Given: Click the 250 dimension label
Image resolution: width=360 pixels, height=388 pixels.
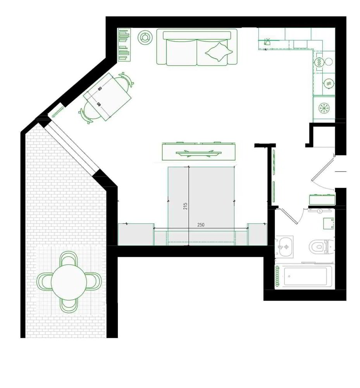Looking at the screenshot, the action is pos(201,225).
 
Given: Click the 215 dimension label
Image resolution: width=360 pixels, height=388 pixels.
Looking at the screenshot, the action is pos(185,206).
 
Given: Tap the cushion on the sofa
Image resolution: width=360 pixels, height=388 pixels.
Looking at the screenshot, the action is pos(219,52).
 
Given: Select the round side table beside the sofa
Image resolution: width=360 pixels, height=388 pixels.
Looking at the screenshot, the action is pos(145,37).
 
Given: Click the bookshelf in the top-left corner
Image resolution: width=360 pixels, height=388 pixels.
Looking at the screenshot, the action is pos(124,45).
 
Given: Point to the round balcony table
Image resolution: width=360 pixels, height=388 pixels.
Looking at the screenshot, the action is pos(69,282).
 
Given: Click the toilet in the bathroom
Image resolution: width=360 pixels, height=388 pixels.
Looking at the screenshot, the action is pos(319,246).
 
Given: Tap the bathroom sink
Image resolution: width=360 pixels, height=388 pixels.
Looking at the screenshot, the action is pos(285,247).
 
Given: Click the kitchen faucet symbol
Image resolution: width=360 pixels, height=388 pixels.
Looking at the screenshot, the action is pos(267,42).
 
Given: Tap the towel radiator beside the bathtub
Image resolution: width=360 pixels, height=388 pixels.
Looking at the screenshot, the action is pos(277,276).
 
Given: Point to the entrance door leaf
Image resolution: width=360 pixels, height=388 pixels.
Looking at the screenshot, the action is pos(323,168).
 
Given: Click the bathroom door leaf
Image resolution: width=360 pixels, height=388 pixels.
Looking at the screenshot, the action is pos(288,216).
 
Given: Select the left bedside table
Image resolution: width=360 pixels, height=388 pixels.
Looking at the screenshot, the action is pos(136,234).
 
